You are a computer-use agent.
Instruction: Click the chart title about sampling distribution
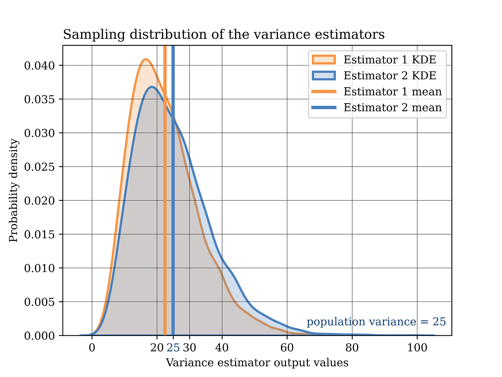coord(224,35)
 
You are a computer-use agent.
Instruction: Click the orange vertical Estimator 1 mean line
coord(165,222)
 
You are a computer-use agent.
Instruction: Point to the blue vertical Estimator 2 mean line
coord(173,222)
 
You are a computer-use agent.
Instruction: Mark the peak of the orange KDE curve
coord(146,59)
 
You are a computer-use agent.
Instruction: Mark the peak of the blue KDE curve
coord(152,87)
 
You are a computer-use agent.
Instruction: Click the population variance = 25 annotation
coord(376,322)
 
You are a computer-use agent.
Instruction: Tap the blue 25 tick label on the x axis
coord(173,348)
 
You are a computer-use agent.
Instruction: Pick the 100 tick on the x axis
coord(417,348)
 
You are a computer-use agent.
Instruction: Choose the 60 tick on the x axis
coord(287,348)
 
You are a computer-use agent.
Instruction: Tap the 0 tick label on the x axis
coord(92,348)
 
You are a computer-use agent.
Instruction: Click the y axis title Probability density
coord(14,190)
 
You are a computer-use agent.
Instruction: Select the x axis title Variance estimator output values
coord(257,363)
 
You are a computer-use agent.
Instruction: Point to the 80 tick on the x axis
coord(352,348)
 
